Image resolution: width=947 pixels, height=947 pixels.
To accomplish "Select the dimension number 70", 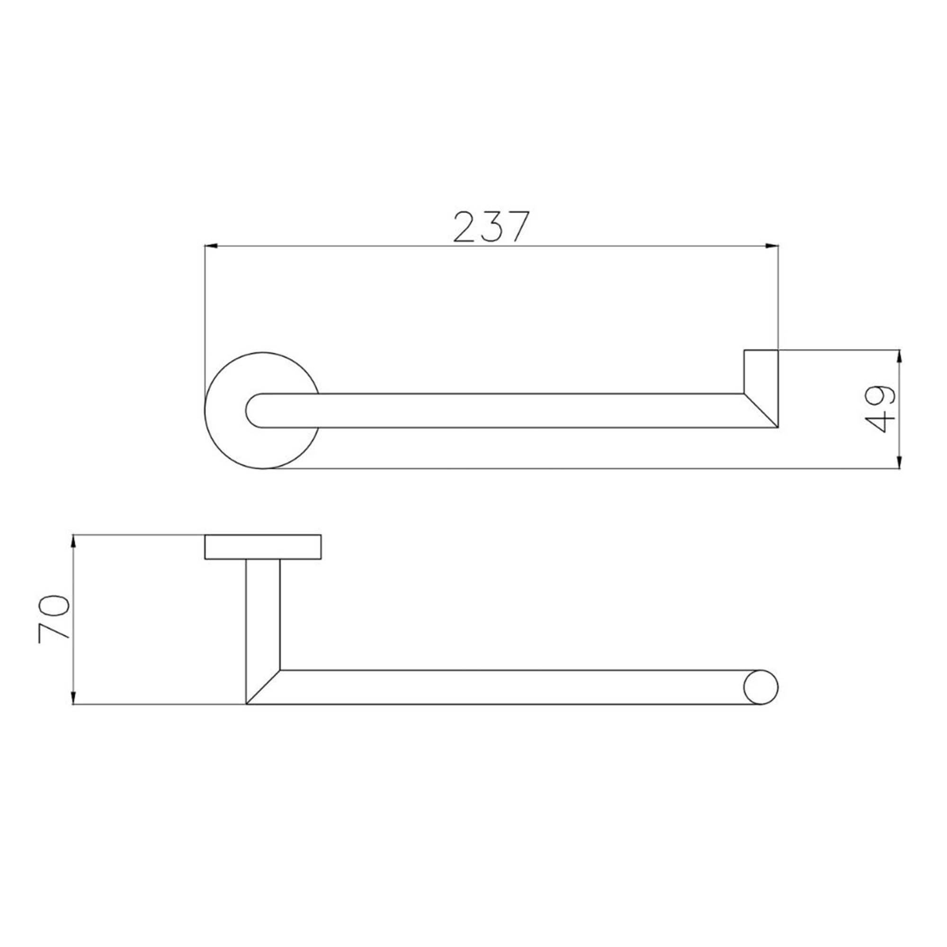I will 53,619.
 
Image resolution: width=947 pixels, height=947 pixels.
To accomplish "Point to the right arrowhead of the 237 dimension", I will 772,246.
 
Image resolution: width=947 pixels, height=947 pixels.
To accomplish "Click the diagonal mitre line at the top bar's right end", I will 761,410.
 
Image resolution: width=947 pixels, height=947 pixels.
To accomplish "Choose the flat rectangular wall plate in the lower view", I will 263,547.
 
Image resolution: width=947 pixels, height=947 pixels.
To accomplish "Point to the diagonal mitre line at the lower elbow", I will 263,687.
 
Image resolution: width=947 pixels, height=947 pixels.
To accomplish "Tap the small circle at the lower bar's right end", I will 761,687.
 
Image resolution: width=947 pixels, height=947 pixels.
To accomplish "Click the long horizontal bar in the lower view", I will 490,687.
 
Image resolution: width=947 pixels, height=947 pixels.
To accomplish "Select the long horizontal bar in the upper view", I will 490,410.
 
